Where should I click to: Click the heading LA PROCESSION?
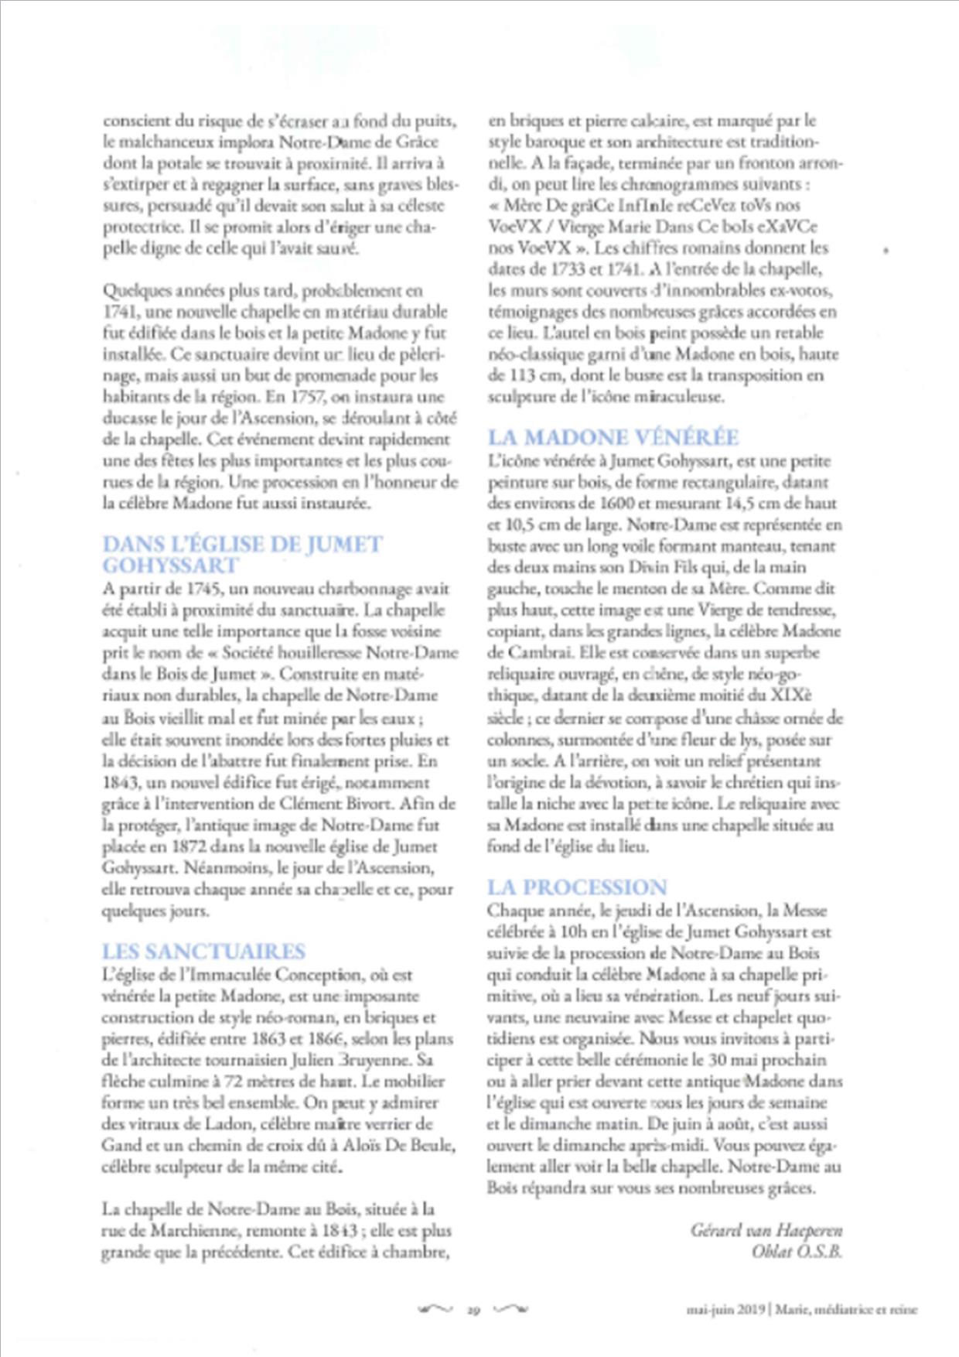point(576,887)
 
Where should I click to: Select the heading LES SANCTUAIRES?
point(203,952)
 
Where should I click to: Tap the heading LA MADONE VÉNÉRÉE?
point(613,438)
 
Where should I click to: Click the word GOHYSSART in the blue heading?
point(170,565)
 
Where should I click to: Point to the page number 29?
point(474,1310)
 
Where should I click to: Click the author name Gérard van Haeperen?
point(766,1229)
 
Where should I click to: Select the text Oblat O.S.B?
point(796,1251)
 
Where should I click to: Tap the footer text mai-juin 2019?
point(725,1310)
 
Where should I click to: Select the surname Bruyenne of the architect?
point(384,1060)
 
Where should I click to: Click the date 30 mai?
point(729,1060)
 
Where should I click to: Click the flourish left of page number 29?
point(435,1309)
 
